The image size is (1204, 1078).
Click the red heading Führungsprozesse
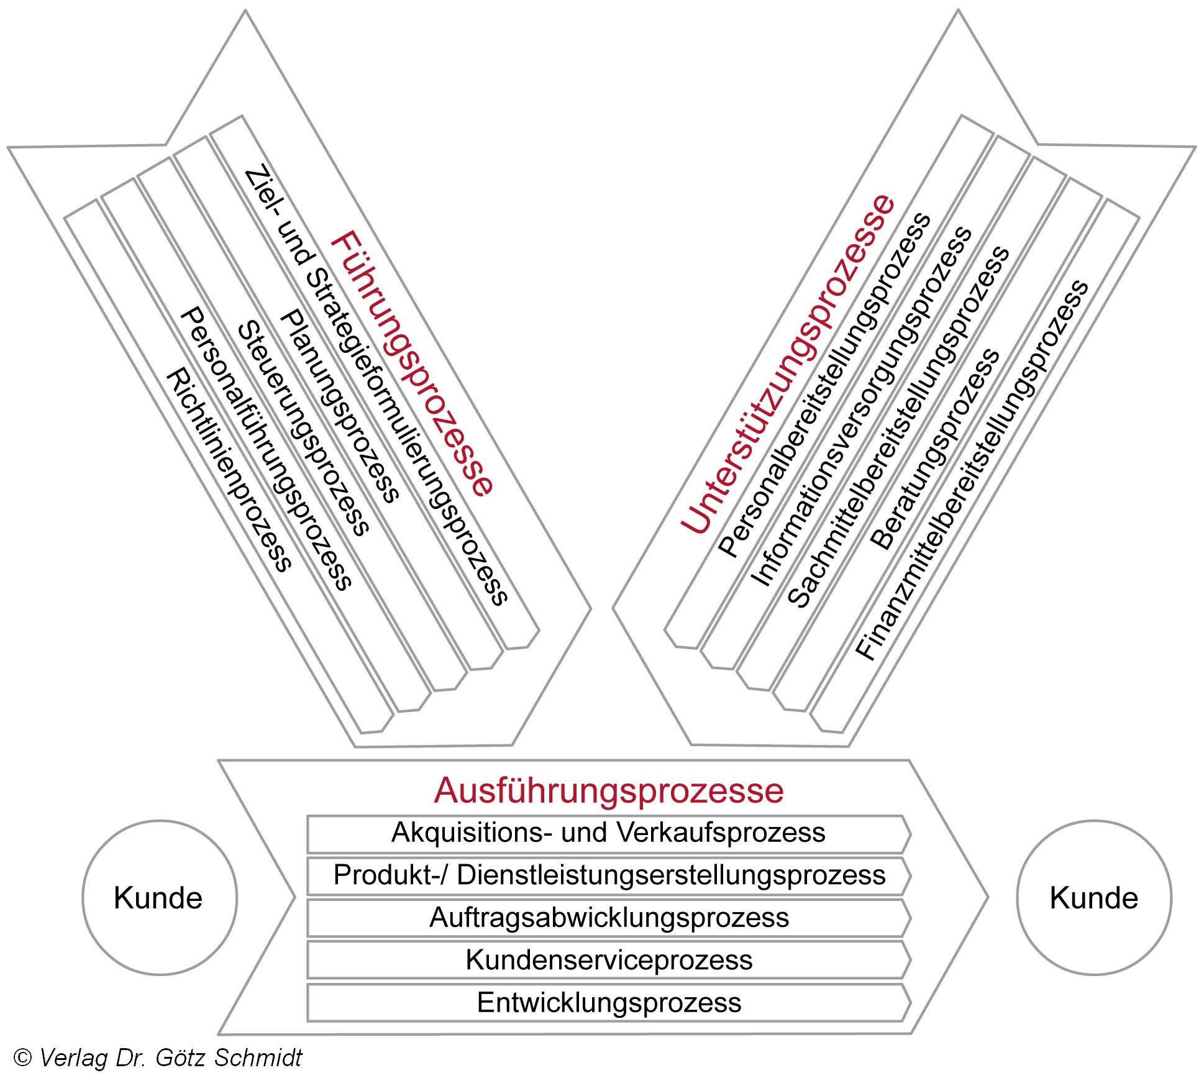click(x=412, y=363)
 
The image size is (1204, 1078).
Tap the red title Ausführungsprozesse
click(x=609, y=790)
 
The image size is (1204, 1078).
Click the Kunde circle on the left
click(x=159, y=898)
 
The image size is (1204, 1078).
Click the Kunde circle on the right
click(x=1094, y=898)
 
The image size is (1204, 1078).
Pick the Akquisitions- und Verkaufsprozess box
click(x=609, y=833)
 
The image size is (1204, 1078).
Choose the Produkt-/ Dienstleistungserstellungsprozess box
click(x=609, y=875)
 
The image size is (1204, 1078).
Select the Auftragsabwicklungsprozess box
click(x=609, y=918)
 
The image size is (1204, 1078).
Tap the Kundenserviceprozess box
click(x=609, y=960)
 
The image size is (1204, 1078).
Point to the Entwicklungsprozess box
click(x=609, y=1002)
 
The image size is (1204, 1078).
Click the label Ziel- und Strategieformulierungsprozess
click(x=376, y=385)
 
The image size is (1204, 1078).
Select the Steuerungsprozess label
click(x=303, y=429)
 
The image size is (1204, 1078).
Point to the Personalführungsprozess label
click(x=266, y=449)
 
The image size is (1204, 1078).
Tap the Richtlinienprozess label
click(x=229, y=470)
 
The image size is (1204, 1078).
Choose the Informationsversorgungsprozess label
click(x=862, y=407)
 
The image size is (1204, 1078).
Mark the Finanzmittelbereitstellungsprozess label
click(x=972, y=470)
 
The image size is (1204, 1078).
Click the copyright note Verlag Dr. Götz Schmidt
click(x=158, y=1057)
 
